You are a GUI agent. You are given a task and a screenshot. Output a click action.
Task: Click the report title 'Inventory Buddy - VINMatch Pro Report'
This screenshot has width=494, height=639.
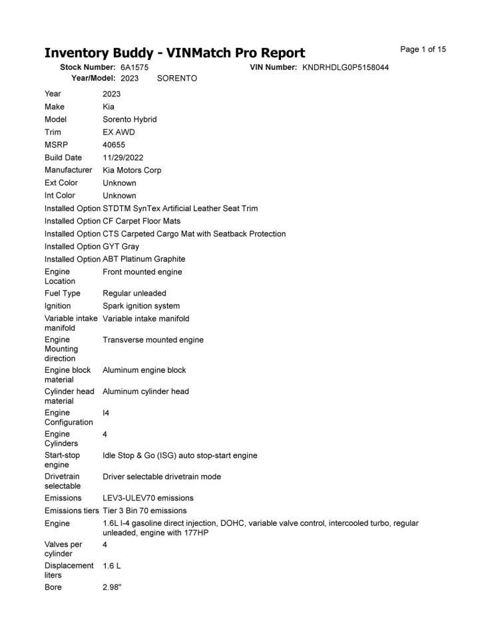point(174,53)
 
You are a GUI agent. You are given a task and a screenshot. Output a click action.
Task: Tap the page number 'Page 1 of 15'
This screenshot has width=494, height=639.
point(423,49)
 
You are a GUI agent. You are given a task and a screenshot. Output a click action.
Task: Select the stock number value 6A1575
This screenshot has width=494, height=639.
point(134,67)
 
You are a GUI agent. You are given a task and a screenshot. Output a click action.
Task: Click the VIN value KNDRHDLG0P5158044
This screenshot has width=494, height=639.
point(346,67)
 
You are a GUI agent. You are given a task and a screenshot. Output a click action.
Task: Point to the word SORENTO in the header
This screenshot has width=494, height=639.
point(177,79)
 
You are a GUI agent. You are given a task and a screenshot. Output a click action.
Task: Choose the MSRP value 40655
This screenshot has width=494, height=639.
point(114,144)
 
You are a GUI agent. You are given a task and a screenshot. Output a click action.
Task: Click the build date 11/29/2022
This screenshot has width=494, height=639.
point(123,158)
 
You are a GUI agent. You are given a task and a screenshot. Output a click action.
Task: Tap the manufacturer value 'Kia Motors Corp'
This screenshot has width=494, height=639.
point(132,170)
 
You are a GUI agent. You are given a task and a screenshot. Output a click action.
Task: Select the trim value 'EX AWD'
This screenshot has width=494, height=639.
point(119,132)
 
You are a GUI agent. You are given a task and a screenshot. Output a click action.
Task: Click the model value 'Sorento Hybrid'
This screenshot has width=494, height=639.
point(130,120)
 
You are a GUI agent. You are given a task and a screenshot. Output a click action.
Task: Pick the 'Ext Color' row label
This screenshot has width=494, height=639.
point(61,183)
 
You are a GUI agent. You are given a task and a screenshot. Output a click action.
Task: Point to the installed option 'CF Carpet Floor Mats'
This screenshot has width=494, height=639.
point(141,221)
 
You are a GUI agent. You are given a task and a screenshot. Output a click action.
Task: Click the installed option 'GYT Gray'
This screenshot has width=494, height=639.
point(121,246)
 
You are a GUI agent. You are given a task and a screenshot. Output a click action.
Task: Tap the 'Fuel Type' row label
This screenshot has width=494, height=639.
point(63,294)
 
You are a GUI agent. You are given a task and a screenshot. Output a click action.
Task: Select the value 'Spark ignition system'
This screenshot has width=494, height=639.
point(141,306)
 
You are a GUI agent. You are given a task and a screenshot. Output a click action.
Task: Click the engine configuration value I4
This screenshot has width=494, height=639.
point(106,413)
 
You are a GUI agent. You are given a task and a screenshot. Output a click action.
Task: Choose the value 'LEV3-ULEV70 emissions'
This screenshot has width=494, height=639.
point(148,498)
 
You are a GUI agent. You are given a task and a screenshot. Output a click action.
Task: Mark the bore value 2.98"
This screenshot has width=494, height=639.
point(112,587)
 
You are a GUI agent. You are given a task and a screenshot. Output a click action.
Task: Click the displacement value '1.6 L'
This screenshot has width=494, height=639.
point(112,566)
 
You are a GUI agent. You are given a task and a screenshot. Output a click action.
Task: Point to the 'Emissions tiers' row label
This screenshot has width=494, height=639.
point(72,511)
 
